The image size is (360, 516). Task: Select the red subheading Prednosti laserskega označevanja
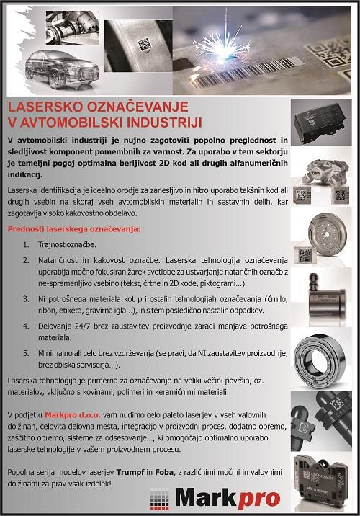point(74,229)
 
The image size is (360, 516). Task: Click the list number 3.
point(26,299)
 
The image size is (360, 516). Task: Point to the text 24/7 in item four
point(82,326)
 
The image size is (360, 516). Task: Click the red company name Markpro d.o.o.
point(72,415)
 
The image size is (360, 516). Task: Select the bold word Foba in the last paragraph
point(164,473)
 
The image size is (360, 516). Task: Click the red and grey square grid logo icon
point(159,499)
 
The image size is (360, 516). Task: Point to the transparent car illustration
point(62,70)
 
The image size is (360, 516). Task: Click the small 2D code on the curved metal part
point(144,45)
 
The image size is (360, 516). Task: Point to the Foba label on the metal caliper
point(316,174)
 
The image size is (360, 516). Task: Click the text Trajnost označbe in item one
point(67,245)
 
